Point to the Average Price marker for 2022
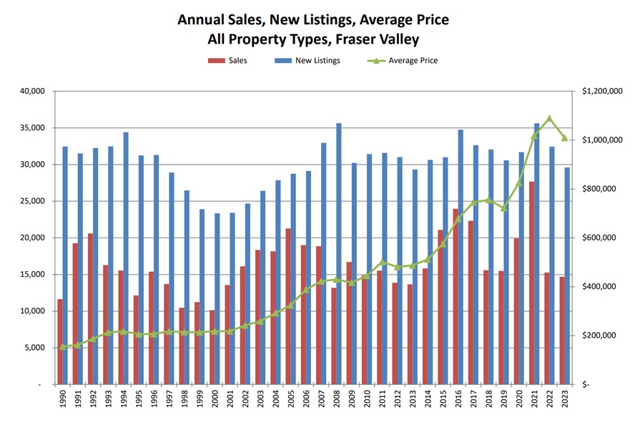[x=549, y=118]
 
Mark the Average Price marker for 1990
[x=63, y=347]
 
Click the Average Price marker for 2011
[x=382, y=262]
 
